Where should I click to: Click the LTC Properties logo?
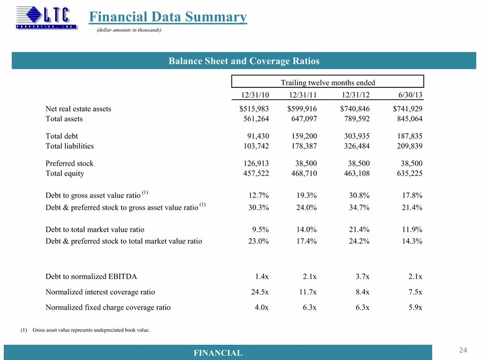[47, 18]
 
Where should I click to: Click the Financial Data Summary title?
[168, 17]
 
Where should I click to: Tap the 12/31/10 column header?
[255, 95]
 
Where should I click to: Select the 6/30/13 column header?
[410, 95]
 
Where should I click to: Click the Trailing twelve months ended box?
[328, 82]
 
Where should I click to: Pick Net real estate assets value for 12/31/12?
[355, 108]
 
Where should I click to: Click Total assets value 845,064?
[410, 118]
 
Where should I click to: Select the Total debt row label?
[62, 136]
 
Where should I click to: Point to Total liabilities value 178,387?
[304, 146]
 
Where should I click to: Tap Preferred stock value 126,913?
[256, 163]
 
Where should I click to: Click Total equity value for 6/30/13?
[410, 173]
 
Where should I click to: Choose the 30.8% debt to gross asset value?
[359, 195]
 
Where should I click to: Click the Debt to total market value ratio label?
[95, 230]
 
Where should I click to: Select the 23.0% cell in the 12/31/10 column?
[258, 242]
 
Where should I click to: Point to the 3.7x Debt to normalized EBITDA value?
[363, 276]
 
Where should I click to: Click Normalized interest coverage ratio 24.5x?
[260, 292]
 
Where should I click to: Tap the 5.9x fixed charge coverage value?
[415, 307]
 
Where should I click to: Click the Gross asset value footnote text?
[91, 330]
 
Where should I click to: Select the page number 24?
[463, 350]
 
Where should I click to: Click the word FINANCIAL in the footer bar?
[218, 353]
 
